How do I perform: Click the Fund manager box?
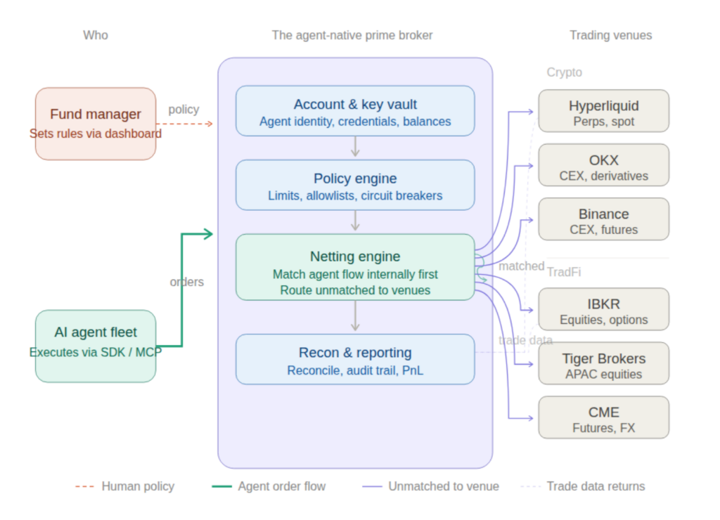96,123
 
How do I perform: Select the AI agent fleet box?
96,346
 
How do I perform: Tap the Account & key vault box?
355,110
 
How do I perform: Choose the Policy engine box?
355,185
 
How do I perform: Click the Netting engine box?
355,267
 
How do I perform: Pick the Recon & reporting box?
355,359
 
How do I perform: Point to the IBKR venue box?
603,309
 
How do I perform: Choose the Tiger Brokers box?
603,363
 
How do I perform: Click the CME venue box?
603,417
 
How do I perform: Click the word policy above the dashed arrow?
184,110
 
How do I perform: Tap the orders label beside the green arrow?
186,282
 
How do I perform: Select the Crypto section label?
564,72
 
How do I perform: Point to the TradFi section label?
564,272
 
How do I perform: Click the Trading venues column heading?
610,35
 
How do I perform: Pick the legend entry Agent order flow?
281,486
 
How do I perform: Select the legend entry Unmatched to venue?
443,486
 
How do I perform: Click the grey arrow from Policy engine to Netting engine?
355,221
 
